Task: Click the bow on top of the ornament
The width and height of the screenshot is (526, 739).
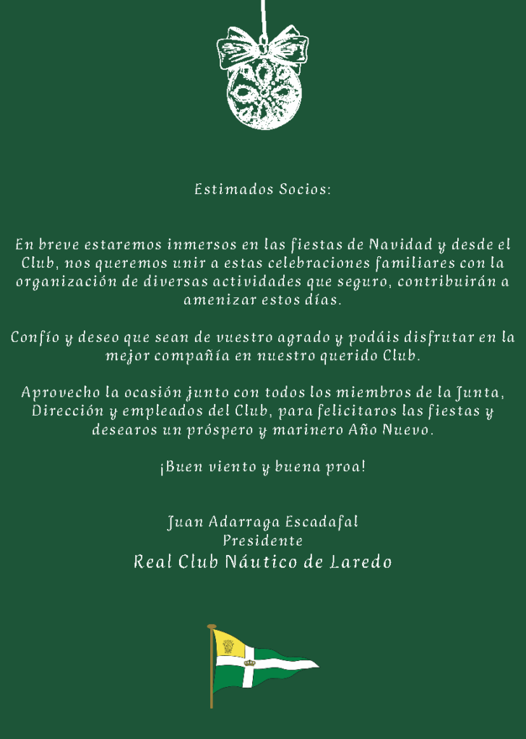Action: pos(262,47)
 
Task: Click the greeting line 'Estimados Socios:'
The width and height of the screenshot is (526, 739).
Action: pos(262,190)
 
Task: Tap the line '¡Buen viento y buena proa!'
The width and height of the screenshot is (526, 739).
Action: pos(262,467)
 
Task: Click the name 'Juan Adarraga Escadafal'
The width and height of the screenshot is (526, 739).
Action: pos(262,522)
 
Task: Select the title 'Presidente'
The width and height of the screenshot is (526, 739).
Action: pos(262,541)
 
